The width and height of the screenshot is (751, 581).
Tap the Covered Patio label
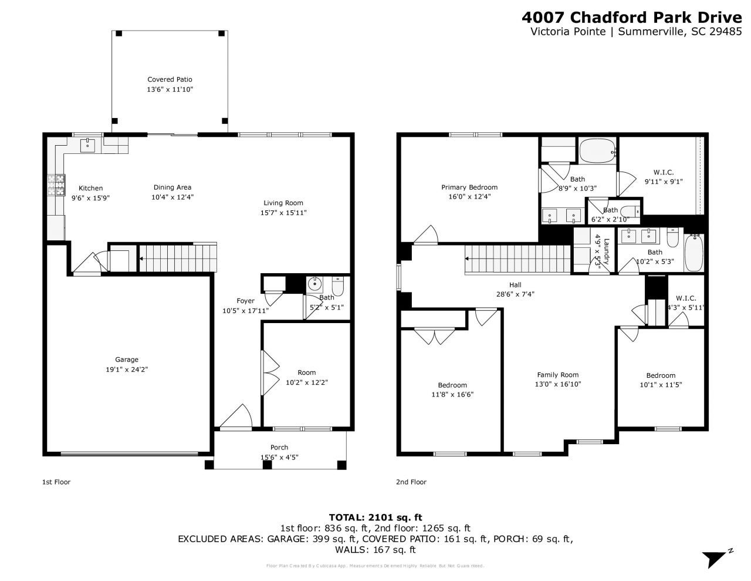[170, 79]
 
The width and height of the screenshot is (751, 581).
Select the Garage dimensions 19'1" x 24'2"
[127, 370]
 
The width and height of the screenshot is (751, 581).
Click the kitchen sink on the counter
[88, 143]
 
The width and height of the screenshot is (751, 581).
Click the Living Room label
[283, 203]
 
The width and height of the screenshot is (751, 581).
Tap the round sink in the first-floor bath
[315, 285]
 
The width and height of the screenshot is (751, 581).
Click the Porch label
[279, 447]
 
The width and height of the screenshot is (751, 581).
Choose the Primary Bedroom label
[469, 187]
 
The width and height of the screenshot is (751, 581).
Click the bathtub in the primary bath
[597, 152]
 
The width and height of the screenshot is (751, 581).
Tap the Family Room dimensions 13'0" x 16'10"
[557, 384]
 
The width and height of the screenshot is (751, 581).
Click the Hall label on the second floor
[515, 285]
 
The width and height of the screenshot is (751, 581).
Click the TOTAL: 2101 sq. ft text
[375, 518]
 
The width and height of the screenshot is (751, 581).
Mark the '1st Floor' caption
[56, 482]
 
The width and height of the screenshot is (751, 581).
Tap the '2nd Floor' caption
[411, 482]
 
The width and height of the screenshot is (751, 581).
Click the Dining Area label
[172, 187]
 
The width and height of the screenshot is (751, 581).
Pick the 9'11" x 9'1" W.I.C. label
[663, 182]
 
